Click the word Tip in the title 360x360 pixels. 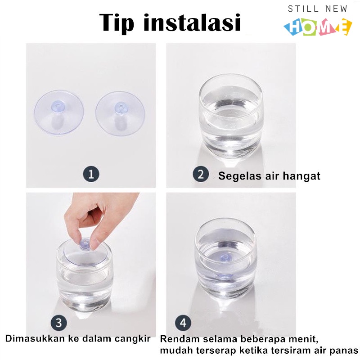click(x=117, y=23)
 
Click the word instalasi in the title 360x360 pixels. click(x=192, y=22)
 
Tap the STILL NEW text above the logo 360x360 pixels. click(x=318, y=9)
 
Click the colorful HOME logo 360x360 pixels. click(x=318, y=27)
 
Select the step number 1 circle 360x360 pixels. click(x=91, y=174)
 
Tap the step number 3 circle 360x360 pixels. click(x=59, y=323)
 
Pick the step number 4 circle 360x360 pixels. click(x=183, y=323)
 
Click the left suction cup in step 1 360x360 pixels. click(x=59, y=112)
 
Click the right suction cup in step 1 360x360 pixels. click(x=120, y=113)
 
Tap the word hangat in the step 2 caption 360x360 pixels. click(x=301, y=176)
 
